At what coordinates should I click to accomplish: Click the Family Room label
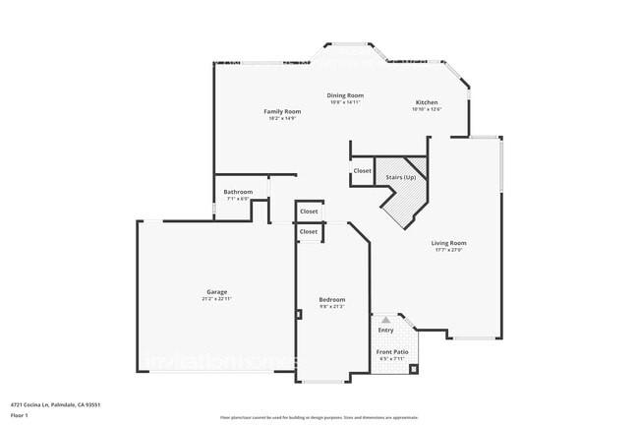tap(282, 112)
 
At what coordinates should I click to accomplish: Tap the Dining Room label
tap(345, 94)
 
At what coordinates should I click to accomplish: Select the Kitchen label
tap(427, 102)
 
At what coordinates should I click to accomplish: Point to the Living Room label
tap(448, 243)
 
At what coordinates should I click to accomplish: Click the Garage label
tap(217, 291)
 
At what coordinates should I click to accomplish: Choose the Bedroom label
tap(332, 299)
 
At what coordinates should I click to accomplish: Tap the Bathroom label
tap(238, 192)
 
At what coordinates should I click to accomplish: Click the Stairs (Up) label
tap(400, 177)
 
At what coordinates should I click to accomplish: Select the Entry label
tap(385, 331)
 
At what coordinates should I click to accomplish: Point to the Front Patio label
tap(391, 351)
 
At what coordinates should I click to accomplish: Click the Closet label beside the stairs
tap(363, 171)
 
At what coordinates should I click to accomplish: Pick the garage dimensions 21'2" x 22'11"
tap(217, 298)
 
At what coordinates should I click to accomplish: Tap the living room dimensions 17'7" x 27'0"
tap(448, 250)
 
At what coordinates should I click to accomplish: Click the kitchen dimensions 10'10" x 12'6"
tap(427, 109)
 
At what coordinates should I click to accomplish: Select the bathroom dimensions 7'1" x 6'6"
tap(238, 199)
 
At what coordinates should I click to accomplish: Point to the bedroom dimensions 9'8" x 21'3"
tap(332, 306)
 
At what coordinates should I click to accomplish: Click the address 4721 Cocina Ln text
tap(55, 404)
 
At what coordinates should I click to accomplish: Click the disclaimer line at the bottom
tap(319, 418)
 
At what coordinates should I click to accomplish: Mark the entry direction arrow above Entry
tap(385, 320)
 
